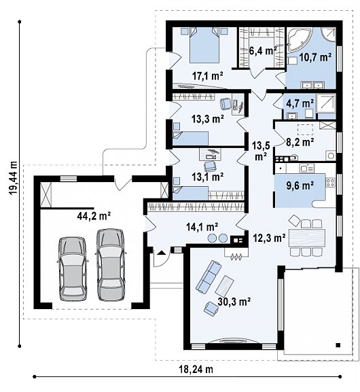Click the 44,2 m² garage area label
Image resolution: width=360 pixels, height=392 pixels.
click(94, 216)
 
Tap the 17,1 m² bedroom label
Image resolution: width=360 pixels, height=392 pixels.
click(207, 75)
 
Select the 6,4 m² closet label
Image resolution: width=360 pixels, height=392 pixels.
click(263, 51)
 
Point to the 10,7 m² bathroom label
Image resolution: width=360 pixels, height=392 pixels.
click(315, 57)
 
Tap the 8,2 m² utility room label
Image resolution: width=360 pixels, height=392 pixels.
click(300, 142)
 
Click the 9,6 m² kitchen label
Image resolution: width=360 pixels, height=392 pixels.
click(300, 185)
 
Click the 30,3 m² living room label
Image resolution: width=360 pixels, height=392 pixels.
click(234, 302)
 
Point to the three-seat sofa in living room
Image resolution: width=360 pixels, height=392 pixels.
click(209, 277)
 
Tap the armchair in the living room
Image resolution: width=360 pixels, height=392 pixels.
click(211, 308)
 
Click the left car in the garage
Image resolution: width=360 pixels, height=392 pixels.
click(73, 269)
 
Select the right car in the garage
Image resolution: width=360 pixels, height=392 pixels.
click(111, 264)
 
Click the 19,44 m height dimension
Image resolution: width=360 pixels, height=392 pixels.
click(14, 178)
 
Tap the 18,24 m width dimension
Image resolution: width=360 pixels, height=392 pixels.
click(196, 369)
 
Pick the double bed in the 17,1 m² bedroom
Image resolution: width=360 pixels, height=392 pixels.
click(204, 46)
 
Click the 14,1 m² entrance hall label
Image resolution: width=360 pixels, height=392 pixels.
click(202, 227)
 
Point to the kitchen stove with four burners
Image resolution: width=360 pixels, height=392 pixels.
click(331, 182)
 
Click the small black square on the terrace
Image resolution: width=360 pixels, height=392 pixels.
click(338, 345)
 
